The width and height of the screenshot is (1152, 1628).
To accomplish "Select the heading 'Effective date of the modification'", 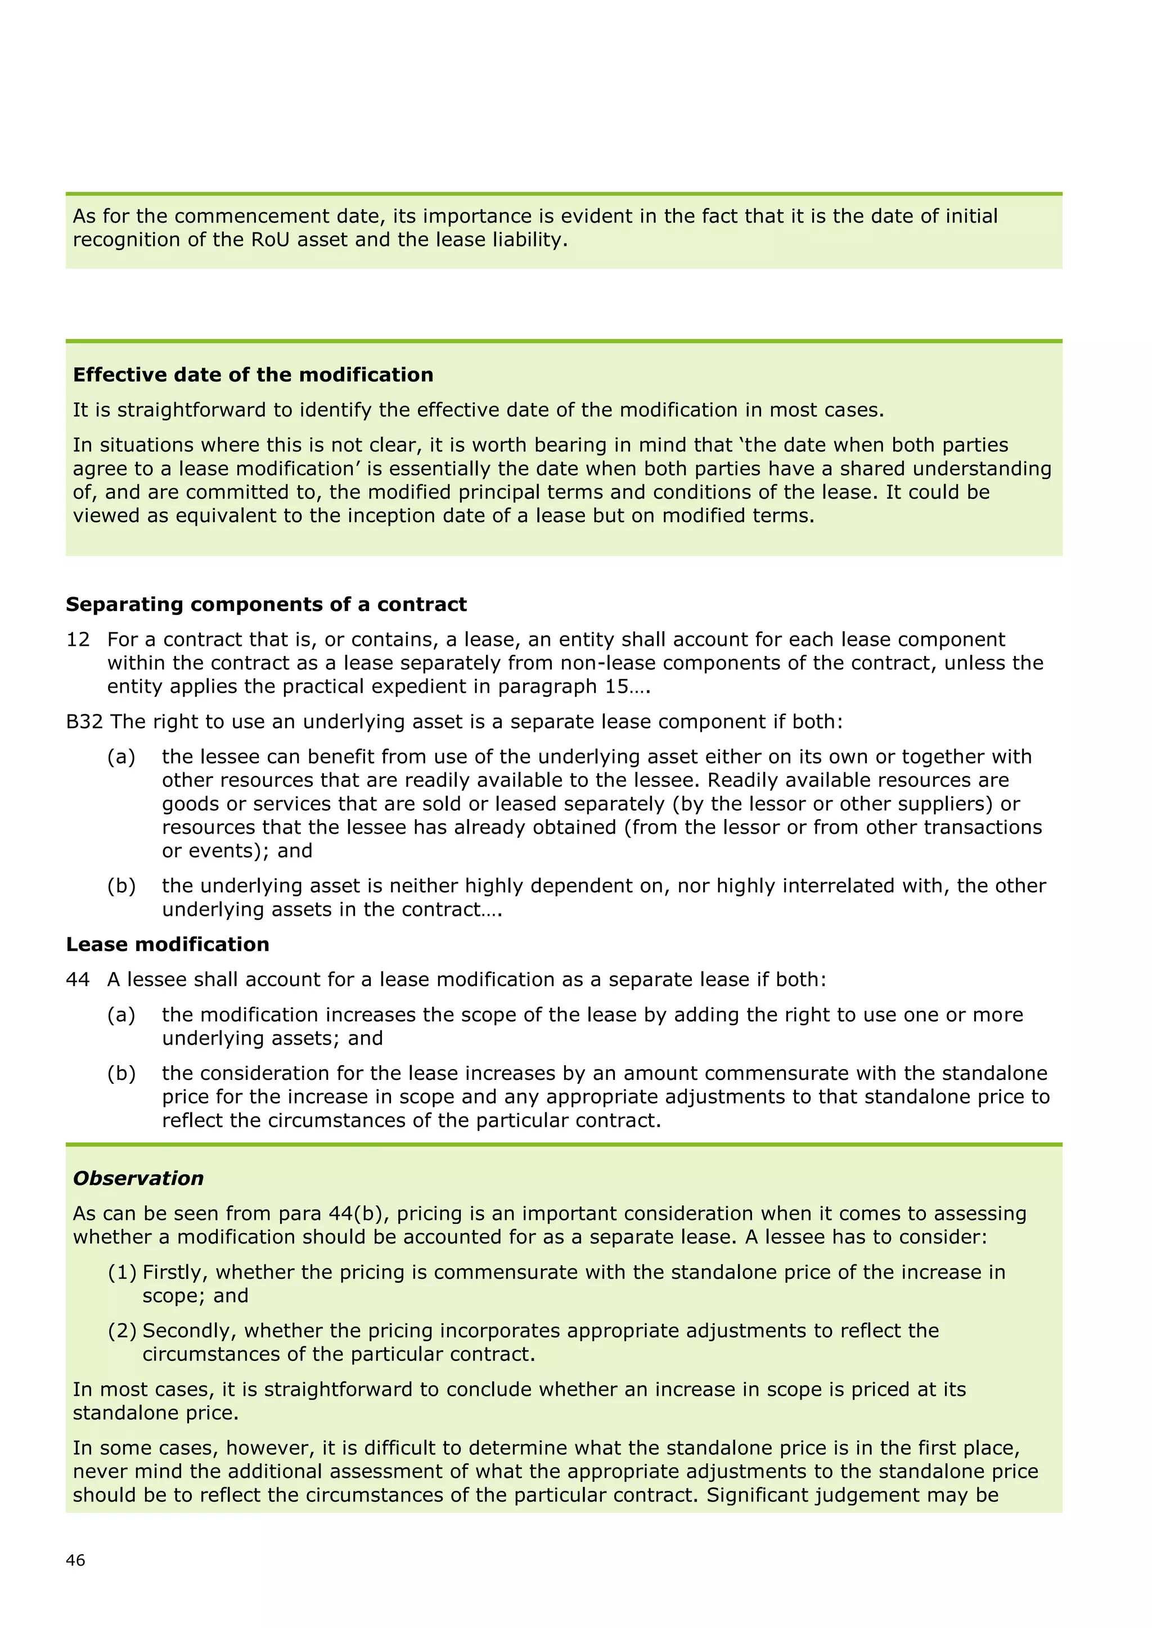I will tap(253, 374).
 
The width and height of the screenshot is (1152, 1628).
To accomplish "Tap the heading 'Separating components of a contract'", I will tap(266, 604).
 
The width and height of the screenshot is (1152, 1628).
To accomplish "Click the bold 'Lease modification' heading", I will tap(168, 944).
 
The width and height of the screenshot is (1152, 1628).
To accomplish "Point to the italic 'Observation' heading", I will tap(138, 1178).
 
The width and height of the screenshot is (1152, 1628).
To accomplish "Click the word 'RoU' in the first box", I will tap(270, 239).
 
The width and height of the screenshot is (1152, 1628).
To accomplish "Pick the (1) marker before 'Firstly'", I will tap(122, 1272).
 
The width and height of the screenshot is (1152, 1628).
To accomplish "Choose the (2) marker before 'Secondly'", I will tap(122, 1331).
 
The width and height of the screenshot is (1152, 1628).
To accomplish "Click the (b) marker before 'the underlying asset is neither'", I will tap(121, 887).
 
